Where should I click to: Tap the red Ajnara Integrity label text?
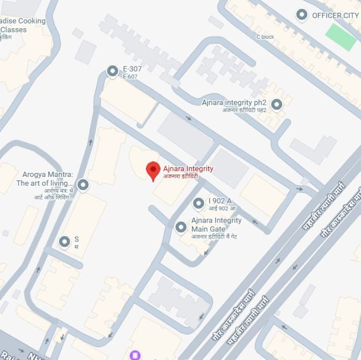point(188,168)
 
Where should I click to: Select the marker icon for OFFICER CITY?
point(302,15)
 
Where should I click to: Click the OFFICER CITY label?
point(335,16)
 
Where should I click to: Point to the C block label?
point(265,37)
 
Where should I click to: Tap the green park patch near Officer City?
point(341,37)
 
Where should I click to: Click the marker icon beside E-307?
point(113,71)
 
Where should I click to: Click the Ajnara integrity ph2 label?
point(233,102)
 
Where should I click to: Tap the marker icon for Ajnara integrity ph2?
point(276,105)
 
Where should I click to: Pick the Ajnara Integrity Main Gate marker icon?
point(181,227)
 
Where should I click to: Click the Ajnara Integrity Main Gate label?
point(216,224)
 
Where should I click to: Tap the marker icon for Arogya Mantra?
point(82,184)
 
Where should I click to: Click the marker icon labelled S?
point(65,242)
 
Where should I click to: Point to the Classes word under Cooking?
point(13,30)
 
